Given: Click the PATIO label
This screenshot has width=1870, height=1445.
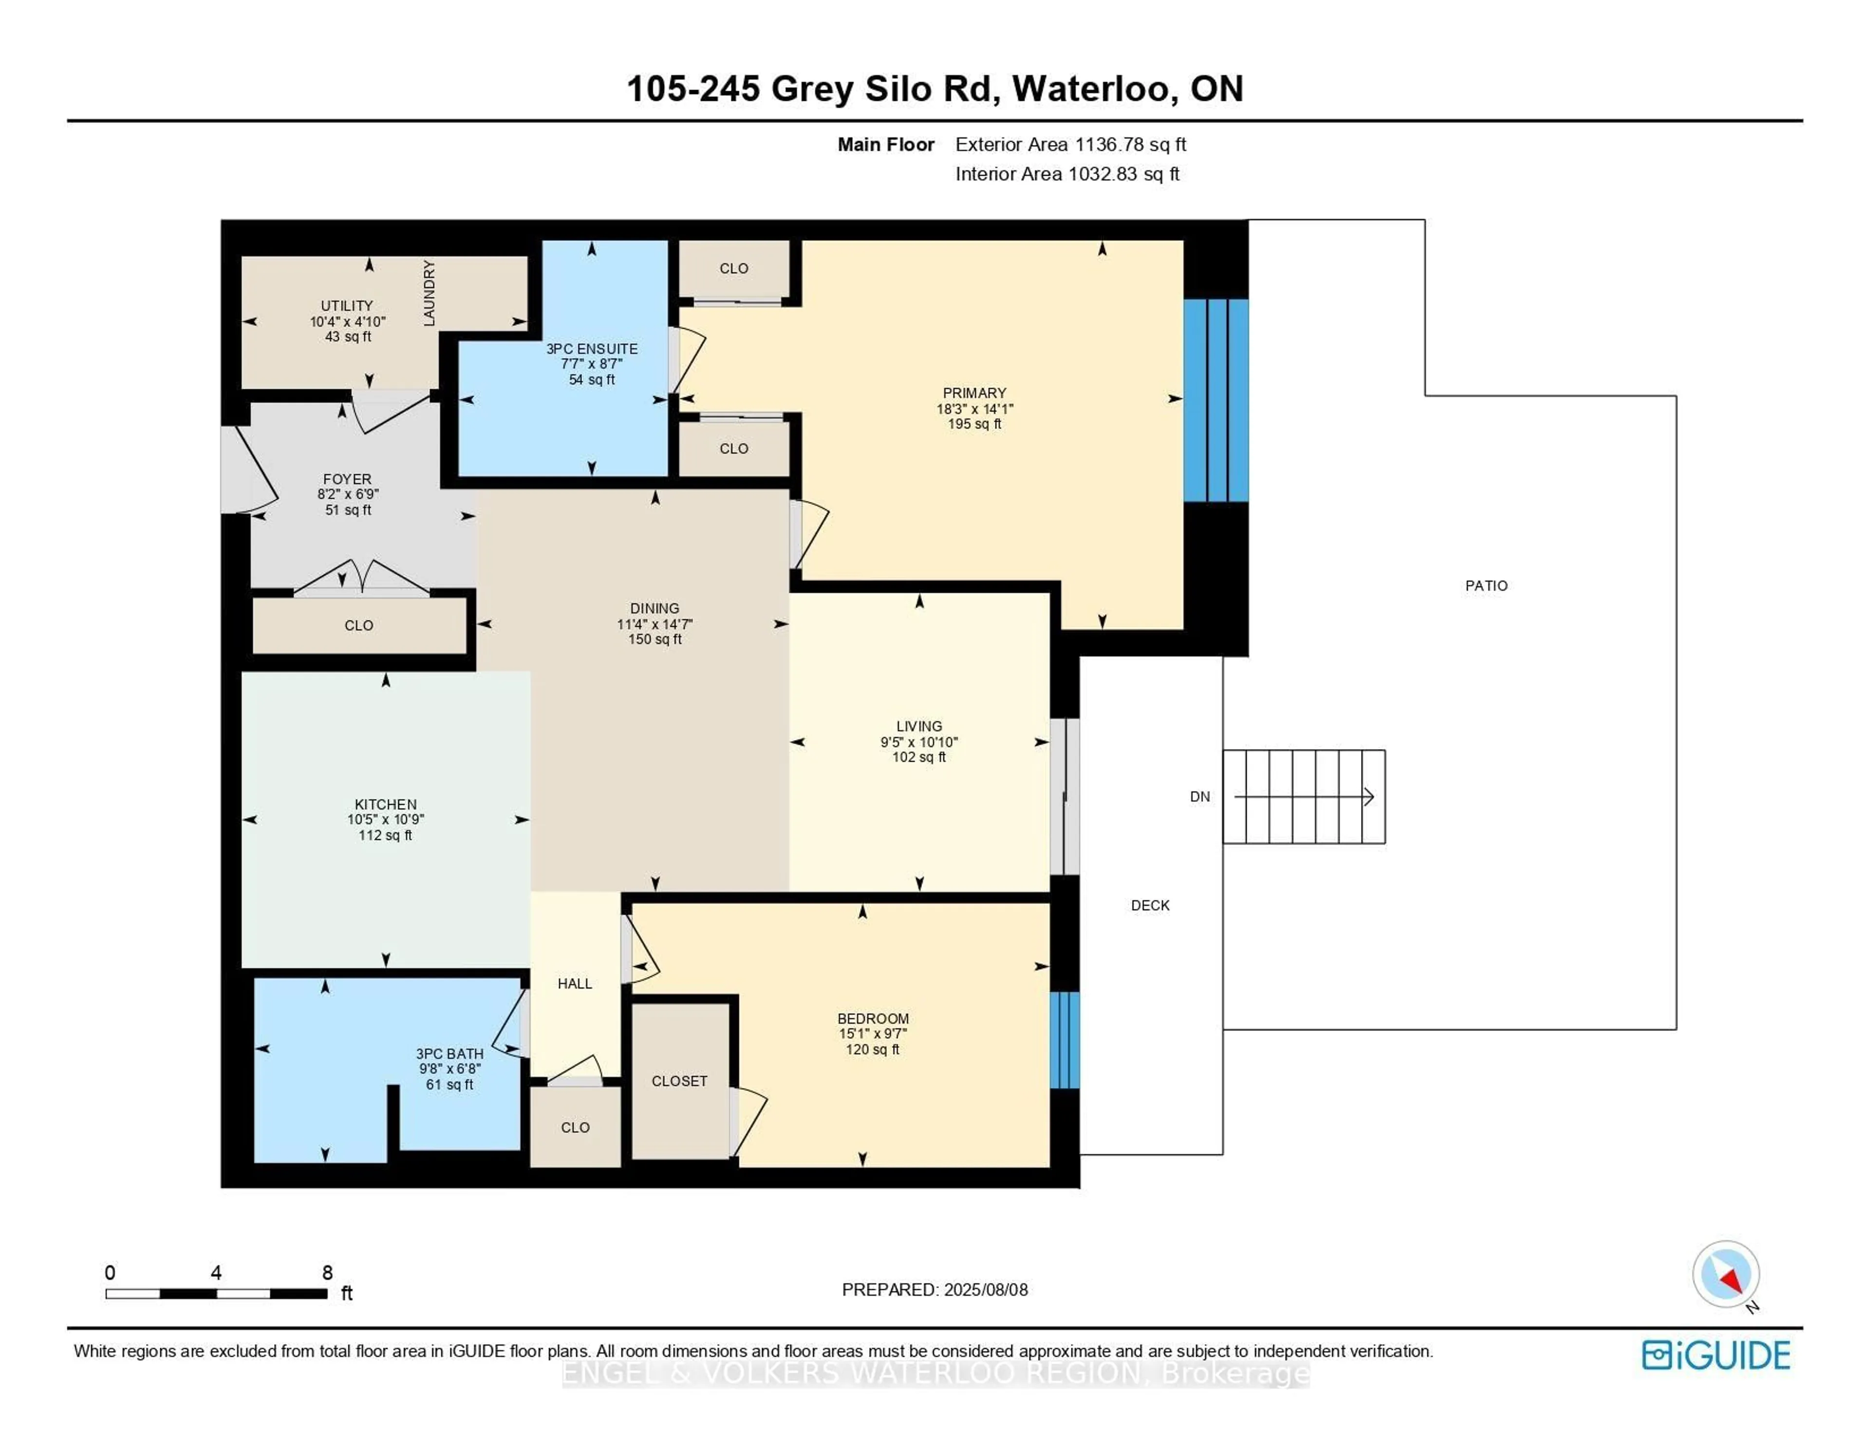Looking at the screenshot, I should (1486, 586).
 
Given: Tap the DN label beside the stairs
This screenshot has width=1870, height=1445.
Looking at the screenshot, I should (1199, 797).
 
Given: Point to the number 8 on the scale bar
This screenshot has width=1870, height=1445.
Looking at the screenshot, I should (327, 1273).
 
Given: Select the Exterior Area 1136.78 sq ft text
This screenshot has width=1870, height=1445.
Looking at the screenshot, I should (1070, 145).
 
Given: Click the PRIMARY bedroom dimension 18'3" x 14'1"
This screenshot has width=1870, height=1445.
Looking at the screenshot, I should (974, 409).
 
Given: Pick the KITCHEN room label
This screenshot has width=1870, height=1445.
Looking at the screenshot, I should (385, 804).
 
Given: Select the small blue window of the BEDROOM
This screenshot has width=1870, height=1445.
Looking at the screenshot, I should (1064, 1040).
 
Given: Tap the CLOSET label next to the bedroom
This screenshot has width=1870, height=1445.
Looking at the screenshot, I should (679, 1081).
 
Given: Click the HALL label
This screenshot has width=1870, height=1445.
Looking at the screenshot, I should (575, 983).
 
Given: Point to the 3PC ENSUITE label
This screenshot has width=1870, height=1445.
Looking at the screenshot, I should (592, 349).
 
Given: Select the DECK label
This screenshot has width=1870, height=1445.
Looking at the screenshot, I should (1150, 905).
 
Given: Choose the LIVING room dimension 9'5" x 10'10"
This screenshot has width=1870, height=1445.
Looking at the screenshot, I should (919, 742).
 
